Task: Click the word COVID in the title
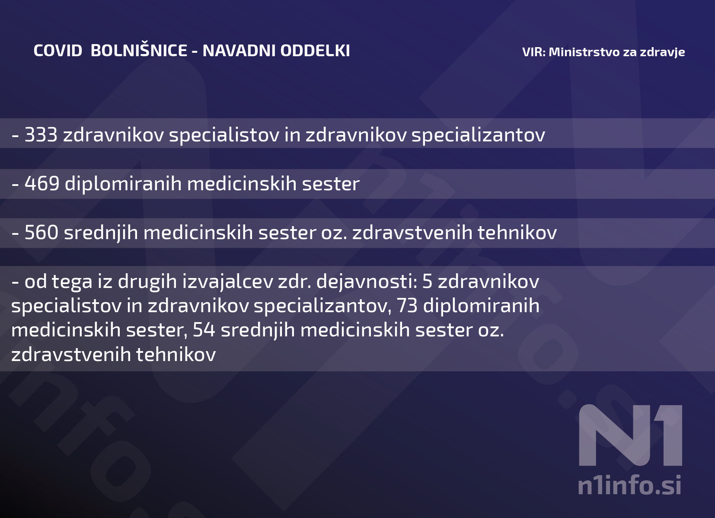58,51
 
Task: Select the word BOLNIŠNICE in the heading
139,51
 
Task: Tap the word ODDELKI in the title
315,51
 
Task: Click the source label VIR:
534,52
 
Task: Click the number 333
41,135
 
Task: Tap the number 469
42,184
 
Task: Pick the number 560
41,233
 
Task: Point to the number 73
407,306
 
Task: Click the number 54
204,330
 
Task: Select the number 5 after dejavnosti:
427,281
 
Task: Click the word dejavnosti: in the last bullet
367,281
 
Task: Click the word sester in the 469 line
331,184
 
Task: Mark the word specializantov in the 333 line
478,135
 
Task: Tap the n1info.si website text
629,485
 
